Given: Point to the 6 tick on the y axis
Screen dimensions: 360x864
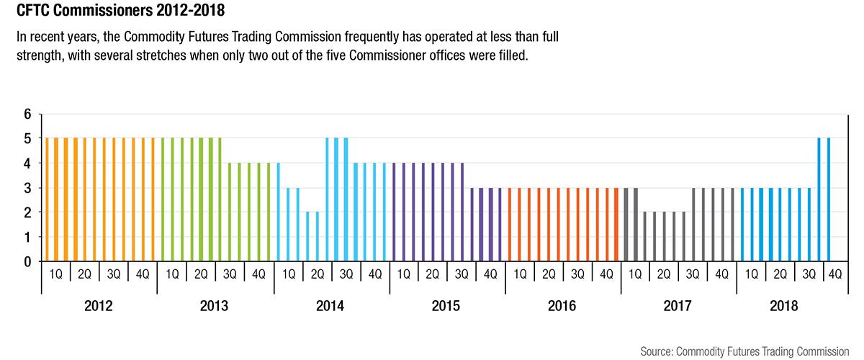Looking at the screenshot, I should click(x=28, y=114).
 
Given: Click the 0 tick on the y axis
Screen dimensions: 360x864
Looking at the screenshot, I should click(x=28, y=262).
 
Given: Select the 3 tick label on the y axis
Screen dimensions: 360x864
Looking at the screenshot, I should click(x=28, y=189).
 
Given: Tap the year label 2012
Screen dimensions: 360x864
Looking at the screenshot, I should click(x=99, y=306).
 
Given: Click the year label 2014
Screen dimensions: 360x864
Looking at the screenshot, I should click(x=330, y=306).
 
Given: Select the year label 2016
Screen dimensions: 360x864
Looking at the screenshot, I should click(x=562, y=306).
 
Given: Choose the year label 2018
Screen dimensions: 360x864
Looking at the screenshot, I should click(x=783, y=306).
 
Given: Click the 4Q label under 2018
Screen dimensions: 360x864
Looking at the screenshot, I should click(x=837, y=274).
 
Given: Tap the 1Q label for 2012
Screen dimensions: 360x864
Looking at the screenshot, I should click(x=56, y=274).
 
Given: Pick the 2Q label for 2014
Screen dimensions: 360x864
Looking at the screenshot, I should click(x=316, y=274).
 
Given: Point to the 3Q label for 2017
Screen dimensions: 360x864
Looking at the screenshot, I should click(x=693, y=274).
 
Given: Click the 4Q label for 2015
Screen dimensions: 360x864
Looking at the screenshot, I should click(x=490, y=274).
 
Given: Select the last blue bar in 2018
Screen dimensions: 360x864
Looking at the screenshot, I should click(x=829, y=200).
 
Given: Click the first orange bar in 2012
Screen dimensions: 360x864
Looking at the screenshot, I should click(x=47, y=200).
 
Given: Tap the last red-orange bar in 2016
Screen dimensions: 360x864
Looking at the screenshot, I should click(x=616, y=225).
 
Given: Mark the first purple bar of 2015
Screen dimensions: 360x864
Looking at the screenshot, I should click(x=395, y=212).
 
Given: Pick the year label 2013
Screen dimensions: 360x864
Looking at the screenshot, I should click(x=215, y=306).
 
